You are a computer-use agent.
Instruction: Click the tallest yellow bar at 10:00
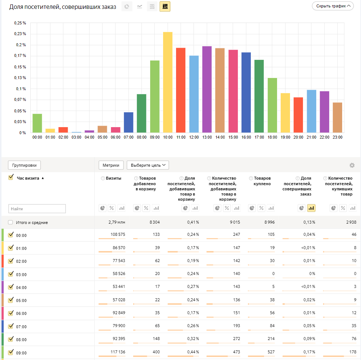(x=168, y=82)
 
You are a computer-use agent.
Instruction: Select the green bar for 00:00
(x=37, y=123)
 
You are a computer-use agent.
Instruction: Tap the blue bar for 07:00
(x=128, y=122)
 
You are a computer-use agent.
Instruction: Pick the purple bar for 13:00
(x=207, y=89)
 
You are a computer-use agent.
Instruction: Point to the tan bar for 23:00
(x=337, y=118)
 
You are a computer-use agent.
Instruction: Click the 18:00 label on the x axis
(x=272, y=137)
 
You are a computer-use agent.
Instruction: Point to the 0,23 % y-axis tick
(x=20, y=34)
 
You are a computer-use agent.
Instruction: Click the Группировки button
(x=24, y=165)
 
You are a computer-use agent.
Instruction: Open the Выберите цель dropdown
(x=148, y=165)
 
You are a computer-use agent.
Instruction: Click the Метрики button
(x=111, y=165)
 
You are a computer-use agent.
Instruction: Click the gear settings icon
(x=352, y=165)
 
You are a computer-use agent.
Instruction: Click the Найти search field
(x=37, y=209)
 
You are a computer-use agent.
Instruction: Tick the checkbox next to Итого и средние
(x=10, y=223)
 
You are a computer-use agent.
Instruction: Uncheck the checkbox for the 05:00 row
(x=10, y=300)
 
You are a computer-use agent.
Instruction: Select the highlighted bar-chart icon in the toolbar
(x=165, y=6)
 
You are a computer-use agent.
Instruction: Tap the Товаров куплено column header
(x=262, y=181)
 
